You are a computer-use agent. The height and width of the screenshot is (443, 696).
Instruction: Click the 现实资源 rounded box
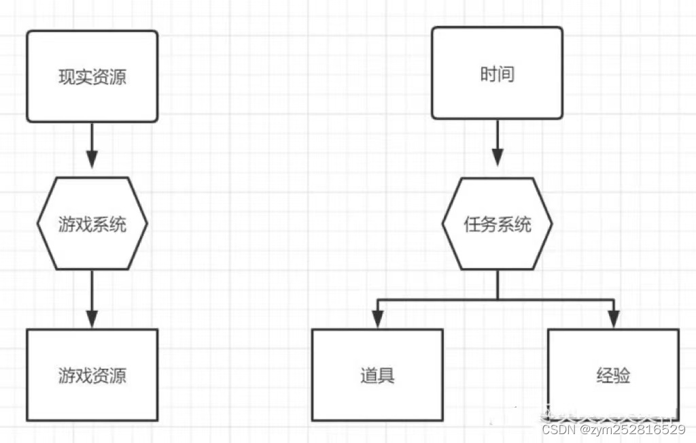click(x=92, y=76)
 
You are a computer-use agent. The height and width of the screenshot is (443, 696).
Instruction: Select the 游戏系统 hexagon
click(x=92, y=223)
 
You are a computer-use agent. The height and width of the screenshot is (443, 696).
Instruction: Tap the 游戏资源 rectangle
click(x=92, y=375)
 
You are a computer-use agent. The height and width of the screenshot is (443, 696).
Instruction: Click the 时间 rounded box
click(x=497, y=73)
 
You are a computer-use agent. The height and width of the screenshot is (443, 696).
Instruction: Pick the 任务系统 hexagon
click(x=497, y=224)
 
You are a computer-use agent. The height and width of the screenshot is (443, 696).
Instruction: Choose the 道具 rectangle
click(x=377, y=375)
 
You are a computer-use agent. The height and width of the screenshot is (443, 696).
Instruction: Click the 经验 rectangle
click(x=613, y=375)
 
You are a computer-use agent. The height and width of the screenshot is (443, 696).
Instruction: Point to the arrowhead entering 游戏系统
click(x=92, y=159)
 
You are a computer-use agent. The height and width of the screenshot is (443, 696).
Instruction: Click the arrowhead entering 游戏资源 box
click(x=92, y=318)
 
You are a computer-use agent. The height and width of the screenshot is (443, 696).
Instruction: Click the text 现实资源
click(x=92, y=76)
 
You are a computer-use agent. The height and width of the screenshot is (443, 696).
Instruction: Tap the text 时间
click(x=497, y=73)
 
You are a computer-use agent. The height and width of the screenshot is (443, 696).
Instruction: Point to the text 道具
click(x=377, y=375)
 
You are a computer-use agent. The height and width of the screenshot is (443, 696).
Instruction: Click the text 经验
click(x=613, y=375)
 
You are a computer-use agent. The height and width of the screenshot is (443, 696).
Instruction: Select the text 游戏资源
click(x=92, y=375)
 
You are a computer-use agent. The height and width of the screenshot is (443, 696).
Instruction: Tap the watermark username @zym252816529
click(x=632, y=429)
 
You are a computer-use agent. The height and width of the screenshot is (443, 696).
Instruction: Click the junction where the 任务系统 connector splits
click(x=497, y=299)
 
